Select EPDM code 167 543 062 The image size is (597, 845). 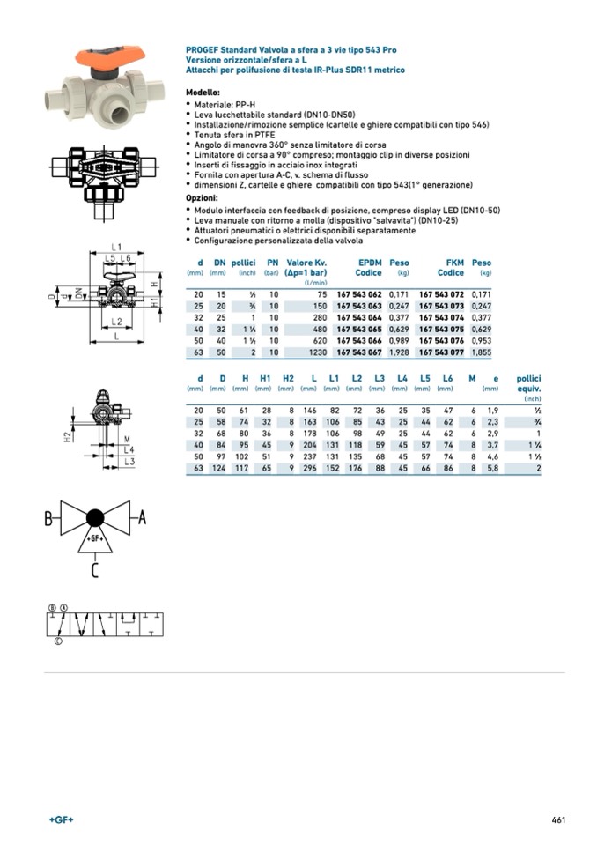359,293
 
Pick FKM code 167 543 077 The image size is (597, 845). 441,352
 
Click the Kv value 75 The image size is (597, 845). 321,293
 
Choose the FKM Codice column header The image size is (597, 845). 451,268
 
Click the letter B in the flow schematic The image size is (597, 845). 50,518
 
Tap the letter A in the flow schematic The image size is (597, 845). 143,518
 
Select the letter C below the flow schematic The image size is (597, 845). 95,570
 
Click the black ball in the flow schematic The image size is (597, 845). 95,517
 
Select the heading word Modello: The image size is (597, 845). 203,93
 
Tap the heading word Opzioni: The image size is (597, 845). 202,198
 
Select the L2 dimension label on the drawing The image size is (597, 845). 115,322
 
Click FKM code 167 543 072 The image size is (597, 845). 441,293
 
